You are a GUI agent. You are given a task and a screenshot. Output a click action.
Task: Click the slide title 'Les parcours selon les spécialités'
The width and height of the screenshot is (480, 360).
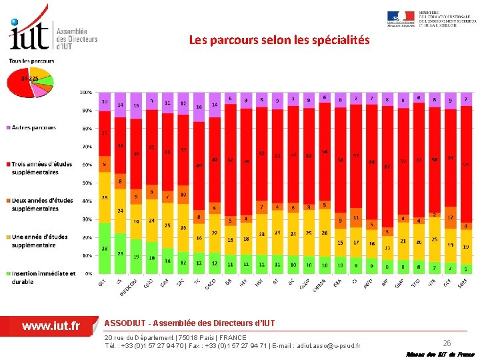pyautogui.click(x=279, y=40)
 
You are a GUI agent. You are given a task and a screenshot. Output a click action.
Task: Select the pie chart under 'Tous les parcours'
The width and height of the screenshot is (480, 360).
pyautogui.click(x=29, y=83)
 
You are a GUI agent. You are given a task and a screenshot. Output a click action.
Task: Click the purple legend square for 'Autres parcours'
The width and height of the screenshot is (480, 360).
pyautogui.click(x=9, y=127)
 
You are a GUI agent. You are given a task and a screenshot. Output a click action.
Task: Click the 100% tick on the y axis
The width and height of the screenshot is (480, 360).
pyautogui.click(x=86, y=92)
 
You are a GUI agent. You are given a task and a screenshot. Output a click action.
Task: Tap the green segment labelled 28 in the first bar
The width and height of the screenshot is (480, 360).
pyautogui.click(x=104, y=248)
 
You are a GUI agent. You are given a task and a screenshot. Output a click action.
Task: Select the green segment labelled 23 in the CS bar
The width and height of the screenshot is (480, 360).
pyautogui.click(x=120, y=253)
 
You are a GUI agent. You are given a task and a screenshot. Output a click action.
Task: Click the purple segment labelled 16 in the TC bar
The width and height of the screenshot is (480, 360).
pyautogui.click(x=199, y=107)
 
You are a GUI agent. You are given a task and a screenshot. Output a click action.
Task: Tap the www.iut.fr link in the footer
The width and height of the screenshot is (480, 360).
pyautogui.click(x=51, y=326)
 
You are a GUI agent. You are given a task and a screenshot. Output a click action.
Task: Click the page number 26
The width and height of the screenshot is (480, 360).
pyautogui.click(x=447, y=343)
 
